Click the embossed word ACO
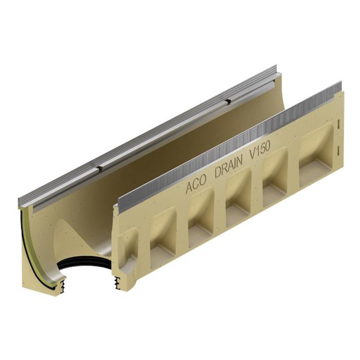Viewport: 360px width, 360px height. coord(196,187)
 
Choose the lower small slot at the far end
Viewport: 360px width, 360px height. coord(339,150)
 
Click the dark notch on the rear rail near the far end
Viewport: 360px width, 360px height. coord(226,99)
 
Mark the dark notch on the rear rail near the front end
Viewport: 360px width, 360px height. coord(98,168)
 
